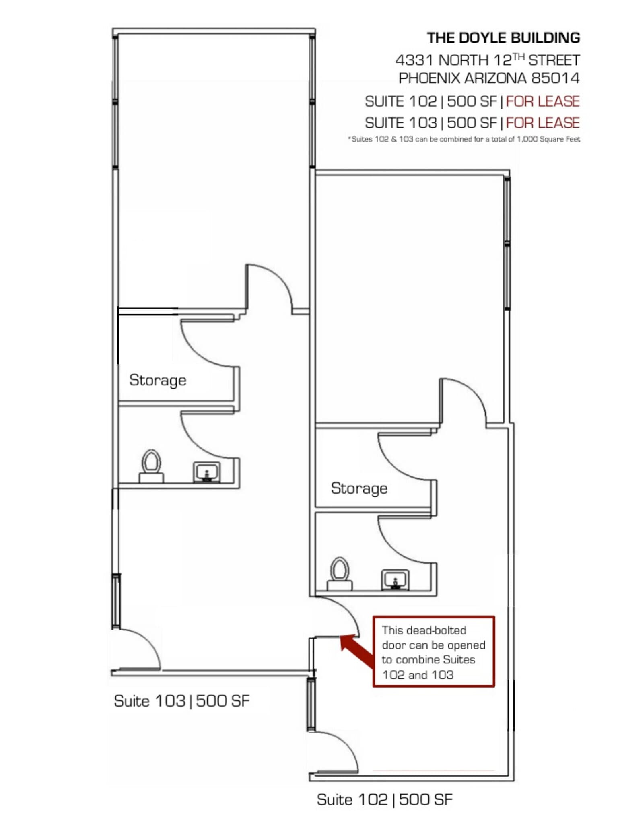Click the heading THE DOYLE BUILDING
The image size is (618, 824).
503,38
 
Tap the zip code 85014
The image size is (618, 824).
556,78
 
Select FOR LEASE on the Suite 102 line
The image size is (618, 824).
542,101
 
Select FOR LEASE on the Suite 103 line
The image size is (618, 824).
542,123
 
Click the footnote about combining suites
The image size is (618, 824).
464,139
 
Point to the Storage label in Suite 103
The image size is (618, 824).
158,380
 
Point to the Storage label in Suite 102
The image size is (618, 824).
359,488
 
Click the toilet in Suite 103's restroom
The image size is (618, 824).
151,467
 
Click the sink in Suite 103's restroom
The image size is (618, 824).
206,472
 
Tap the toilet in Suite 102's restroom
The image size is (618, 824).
340,574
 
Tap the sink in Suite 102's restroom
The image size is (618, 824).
395,580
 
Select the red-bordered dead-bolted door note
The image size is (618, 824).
433,652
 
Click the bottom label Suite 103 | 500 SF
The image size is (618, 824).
181,701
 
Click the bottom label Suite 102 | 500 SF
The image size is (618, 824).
384,800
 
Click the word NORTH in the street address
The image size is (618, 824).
463,60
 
